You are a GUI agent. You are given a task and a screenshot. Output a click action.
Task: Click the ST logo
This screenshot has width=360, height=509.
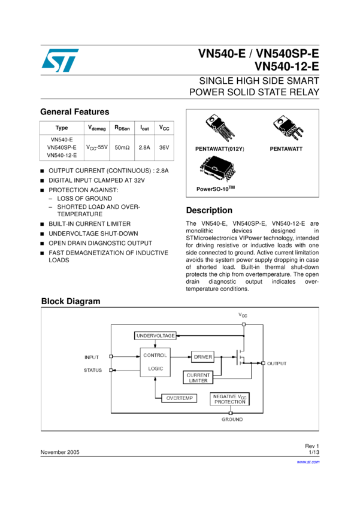pyautogui.click(x=60, y=60)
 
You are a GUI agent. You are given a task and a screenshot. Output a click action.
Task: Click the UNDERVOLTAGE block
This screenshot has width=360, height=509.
pyautogui.click(x=155, y=336)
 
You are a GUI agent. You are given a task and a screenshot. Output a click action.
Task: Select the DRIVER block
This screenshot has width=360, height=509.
pyautogui.click(x=203, y=357)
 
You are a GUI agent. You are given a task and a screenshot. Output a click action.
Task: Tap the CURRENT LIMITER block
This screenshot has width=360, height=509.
pyautogui.click(x=198, y=378)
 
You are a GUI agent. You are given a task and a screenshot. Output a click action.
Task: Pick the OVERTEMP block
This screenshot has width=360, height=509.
pyautogui.click(x=179, y=398)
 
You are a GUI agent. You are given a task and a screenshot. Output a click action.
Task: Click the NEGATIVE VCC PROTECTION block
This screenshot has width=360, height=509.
pyautogui.click(x=230, y=399)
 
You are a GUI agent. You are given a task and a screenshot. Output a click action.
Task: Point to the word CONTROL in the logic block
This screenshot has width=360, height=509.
pyautogui.click(x=155, y=355)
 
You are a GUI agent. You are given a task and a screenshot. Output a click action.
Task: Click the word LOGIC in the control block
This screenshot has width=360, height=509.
pyautogui.click(x=155, y=369)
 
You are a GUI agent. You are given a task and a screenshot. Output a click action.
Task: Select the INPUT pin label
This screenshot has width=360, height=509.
pyautogui.click(x=91, y=357)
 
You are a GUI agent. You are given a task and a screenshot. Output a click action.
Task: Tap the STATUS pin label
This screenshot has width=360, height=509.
pyautogui.click(x=92, y=370)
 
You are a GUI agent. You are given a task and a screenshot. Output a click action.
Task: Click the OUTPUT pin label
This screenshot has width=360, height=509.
pyautogui.click(x=277, y=363)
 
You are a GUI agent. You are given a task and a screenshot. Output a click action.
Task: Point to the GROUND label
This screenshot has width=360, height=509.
pyautogui.click(x=232, y=420)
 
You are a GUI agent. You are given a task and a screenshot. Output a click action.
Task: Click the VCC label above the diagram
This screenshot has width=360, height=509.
pyautogui.click(x=243, y=315)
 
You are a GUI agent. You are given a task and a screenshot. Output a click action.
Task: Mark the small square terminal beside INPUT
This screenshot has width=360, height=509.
pyautogui.click(x=111, y=356)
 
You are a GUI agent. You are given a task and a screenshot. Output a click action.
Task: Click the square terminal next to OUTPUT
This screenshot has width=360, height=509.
pyautogui.click(x=263, y=363)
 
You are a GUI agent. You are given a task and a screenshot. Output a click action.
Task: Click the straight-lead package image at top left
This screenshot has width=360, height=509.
pyautogui.click(x=219, y=128)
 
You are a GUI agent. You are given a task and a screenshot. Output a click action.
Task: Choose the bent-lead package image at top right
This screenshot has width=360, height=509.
pyautogui.click(x=287, y=127)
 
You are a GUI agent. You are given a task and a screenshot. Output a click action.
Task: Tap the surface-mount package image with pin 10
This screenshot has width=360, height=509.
pyautogui.click(x=217, y=169)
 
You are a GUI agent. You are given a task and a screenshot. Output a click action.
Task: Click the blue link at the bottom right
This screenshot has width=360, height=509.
pyautogui.click(x=308, y=462)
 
